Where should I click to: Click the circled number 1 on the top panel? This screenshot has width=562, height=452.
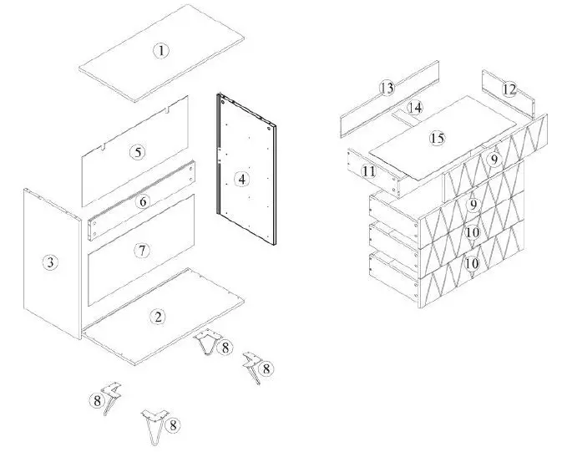[161, 51]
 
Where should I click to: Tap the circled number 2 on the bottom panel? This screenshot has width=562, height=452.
[156, 316]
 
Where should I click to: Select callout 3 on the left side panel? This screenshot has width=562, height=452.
[51, 262]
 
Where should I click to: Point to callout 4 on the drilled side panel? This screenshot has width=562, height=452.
[241, 179]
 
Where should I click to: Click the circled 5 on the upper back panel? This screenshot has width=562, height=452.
[138, 152]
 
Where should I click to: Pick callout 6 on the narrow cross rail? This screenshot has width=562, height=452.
[143, 201]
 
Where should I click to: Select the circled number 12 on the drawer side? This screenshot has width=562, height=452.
[509, 89]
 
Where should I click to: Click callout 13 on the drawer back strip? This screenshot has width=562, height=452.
[386, 88]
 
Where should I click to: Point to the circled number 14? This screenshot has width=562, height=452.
[415, 107]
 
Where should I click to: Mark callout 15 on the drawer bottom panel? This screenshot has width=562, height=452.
[436, 138]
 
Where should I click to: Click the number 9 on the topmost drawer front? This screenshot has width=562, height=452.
[494, 159]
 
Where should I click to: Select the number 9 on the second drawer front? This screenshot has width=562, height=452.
[473, 204]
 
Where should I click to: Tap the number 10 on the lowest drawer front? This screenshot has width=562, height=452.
[472, 262]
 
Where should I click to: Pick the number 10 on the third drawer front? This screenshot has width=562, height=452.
[472, 232]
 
